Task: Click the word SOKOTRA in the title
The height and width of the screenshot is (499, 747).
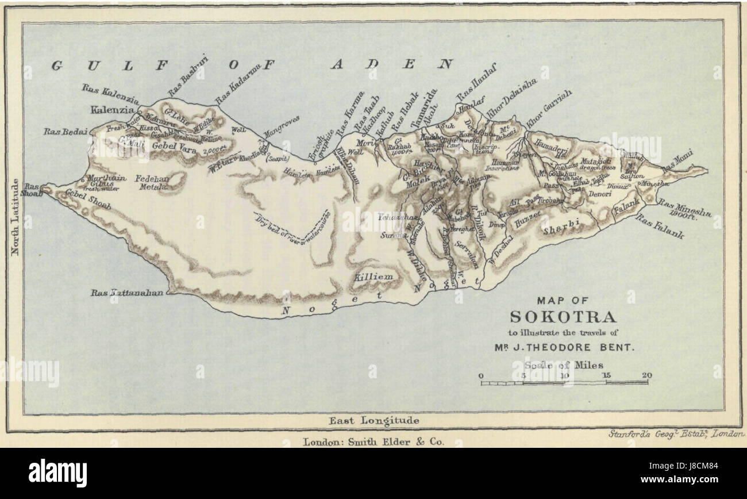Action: [563, 317]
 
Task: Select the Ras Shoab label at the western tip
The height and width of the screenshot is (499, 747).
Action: [32, 190]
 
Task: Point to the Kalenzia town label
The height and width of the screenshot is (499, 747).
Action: [112, 109]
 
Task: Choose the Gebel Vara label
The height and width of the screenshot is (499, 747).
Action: [174, 147]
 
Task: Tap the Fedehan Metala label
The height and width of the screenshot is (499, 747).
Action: [152, 183]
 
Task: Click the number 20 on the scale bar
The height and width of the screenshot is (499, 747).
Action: [648, 376]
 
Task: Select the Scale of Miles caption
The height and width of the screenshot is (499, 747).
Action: [563, 364]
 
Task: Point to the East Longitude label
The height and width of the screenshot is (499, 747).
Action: [373, 421]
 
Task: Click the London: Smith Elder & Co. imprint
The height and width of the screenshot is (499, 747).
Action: [373, 443]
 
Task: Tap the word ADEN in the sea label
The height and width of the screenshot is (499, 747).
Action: [393, 64]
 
